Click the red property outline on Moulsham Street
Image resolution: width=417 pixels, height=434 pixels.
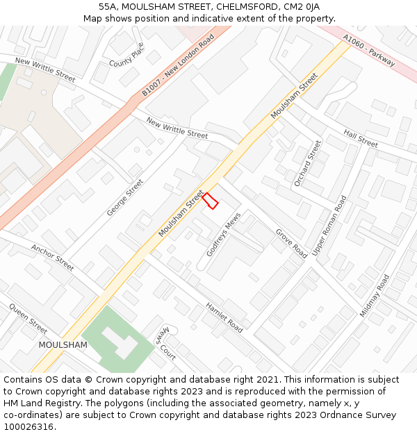pos(210,201)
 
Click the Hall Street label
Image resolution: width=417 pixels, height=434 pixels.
pos(361,138)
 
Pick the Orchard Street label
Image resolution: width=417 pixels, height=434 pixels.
pos(308,163)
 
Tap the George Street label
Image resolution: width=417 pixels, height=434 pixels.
pos(125,197)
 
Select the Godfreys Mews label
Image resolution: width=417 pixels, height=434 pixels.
pos(223,235)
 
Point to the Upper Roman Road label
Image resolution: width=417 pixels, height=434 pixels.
pos(329,225)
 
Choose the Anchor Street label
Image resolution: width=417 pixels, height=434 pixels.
pos(52,257)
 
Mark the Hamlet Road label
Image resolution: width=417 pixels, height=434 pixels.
pos(224,317)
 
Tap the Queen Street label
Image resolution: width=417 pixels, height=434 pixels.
pos(28,318)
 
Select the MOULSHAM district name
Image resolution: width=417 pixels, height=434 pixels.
pos(63,344)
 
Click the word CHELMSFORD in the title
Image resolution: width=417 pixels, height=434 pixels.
pos(238,6)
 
